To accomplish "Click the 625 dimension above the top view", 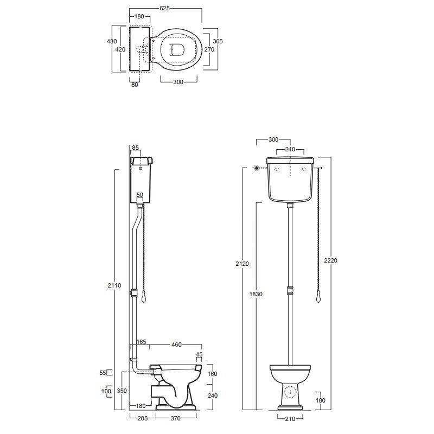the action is click(164, 8).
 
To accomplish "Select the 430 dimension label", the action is click(112, 41).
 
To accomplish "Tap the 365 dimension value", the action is click(218, 41).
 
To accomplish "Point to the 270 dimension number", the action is click(209, 49).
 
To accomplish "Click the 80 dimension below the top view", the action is click(135, 85).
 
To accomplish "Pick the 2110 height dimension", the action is click(114, 285).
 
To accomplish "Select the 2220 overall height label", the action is click(330, 260).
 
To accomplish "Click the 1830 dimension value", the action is click(256, 294).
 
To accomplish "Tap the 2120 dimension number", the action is click(242, 264).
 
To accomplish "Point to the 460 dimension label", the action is click(176, 344).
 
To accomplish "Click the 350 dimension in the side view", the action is click(122, 391).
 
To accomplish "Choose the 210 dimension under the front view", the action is click(290, 419).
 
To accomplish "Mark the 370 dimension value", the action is click(175, 418).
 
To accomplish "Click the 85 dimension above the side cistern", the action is click(135, 148).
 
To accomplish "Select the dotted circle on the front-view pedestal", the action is click(290, 392).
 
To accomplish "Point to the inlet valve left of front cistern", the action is click(257, 168).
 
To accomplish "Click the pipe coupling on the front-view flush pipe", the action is click(290, 290).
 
